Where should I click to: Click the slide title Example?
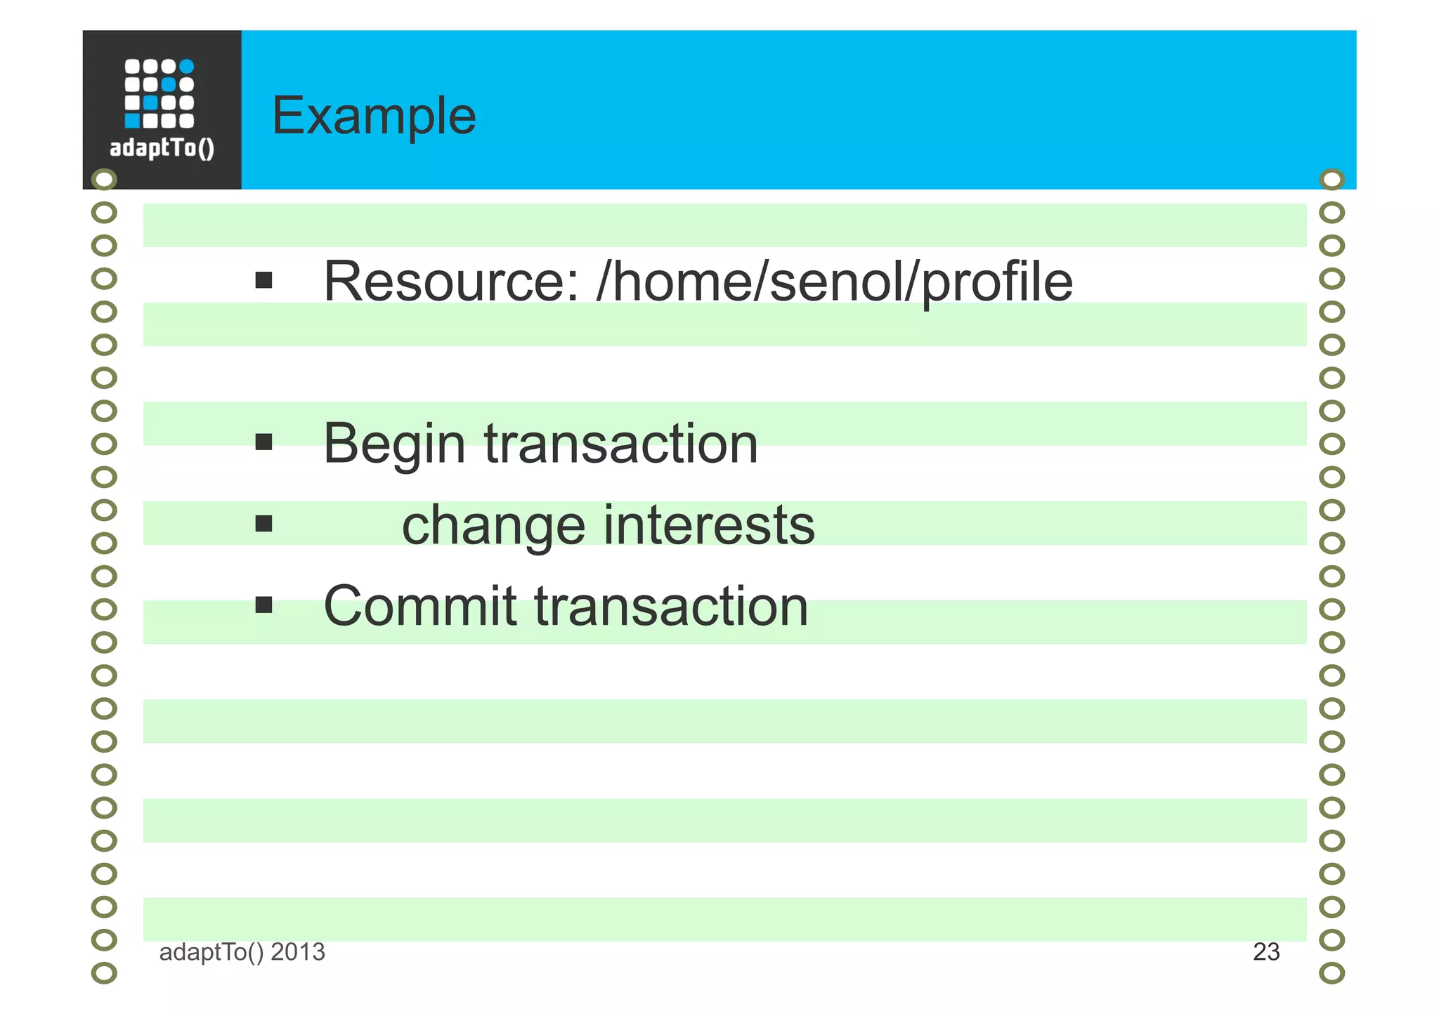point(373,116)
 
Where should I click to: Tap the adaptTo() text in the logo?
point(162,148)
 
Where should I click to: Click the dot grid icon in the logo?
point(159,93)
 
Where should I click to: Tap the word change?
point(493,526)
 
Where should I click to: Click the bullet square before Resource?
point(263,281)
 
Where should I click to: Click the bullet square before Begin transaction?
point(263,442)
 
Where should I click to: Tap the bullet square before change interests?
point(263,524)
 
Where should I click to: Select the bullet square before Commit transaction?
point(263,605)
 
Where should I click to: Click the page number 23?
point(1266,952)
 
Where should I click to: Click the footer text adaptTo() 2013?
point(242,952)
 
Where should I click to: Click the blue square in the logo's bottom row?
point(132,121)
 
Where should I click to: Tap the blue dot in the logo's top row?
point(186,67)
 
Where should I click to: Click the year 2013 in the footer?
point(298,952)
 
